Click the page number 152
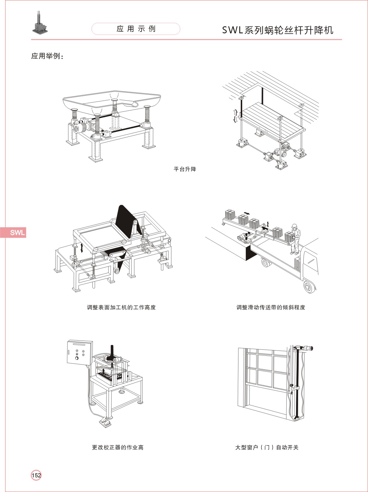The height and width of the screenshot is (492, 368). pyautogui.click(x=36, y=475)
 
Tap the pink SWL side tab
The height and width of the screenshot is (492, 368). pyautogui.click(x=13, y=232)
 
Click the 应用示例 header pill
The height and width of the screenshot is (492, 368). pyautogui.click(x=136, y=29)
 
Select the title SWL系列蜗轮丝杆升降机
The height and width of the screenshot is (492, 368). pyautogui.click(x=278, y=30)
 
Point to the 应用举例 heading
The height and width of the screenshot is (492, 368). pyautogui.click(x=47, y=56)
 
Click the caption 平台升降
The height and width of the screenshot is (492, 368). pyautogui.click(x=185, y=169)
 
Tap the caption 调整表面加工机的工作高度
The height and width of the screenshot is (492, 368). pyautogui.click(x=121, y=307)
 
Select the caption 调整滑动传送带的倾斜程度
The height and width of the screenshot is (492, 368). pyautogui.click(x=271, y=307)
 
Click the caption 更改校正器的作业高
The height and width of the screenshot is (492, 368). pyautogui.click(x=118, y=447)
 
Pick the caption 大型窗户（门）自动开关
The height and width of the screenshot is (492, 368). pyautogui.click(x=267, y=447)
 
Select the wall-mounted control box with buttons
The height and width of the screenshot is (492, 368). pyautogui.click(x=80, y=352)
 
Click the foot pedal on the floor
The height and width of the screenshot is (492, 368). pyautogui.click(x=105, y=422)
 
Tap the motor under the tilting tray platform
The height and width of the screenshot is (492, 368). pyautogui.click(x=79, y=128)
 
